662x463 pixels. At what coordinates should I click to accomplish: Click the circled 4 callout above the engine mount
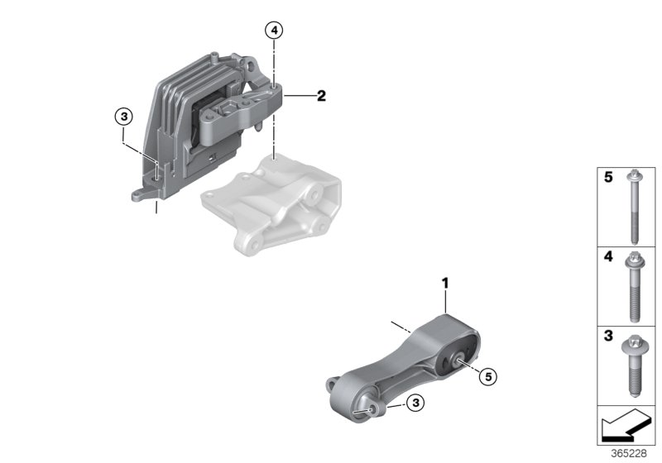pos(274,31)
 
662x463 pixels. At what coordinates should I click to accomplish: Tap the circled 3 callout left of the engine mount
pos(122,117)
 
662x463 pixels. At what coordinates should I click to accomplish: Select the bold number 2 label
pos(321,97)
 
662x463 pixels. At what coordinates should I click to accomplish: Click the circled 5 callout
pos(488,377)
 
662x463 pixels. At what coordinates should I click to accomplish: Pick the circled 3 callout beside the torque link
pos(416,403)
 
